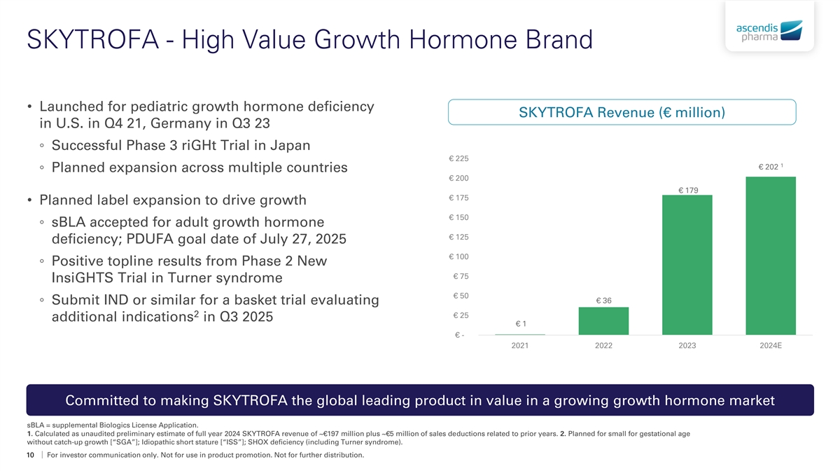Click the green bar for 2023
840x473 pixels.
(x=687, y=265)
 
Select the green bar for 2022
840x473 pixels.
(x=603, y=321)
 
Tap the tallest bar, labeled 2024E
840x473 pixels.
(x=771, y=256)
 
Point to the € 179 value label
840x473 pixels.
(x=688, y=191)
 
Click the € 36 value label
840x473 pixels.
(x=603, y=301)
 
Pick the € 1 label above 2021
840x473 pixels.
(x=521, y=324)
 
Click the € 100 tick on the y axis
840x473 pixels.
(x=458, y=256)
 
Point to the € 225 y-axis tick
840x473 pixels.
(x=458, y=158)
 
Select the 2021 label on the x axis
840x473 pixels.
(x=519, y=345)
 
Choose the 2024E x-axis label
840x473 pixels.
(x=771, y=345)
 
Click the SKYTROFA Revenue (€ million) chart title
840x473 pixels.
(x=622, y=112)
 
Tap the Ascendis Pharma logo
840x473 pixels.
(x=769, y=31)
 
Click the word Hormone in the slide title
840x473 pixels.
(x=463, y=39)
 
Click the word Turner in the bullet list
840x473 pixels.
(x=189, y=277)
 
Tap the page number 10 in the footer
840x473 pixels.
(x=30, y=455)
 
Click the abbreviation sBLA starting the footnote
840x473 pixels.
(x=34, y=425)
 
